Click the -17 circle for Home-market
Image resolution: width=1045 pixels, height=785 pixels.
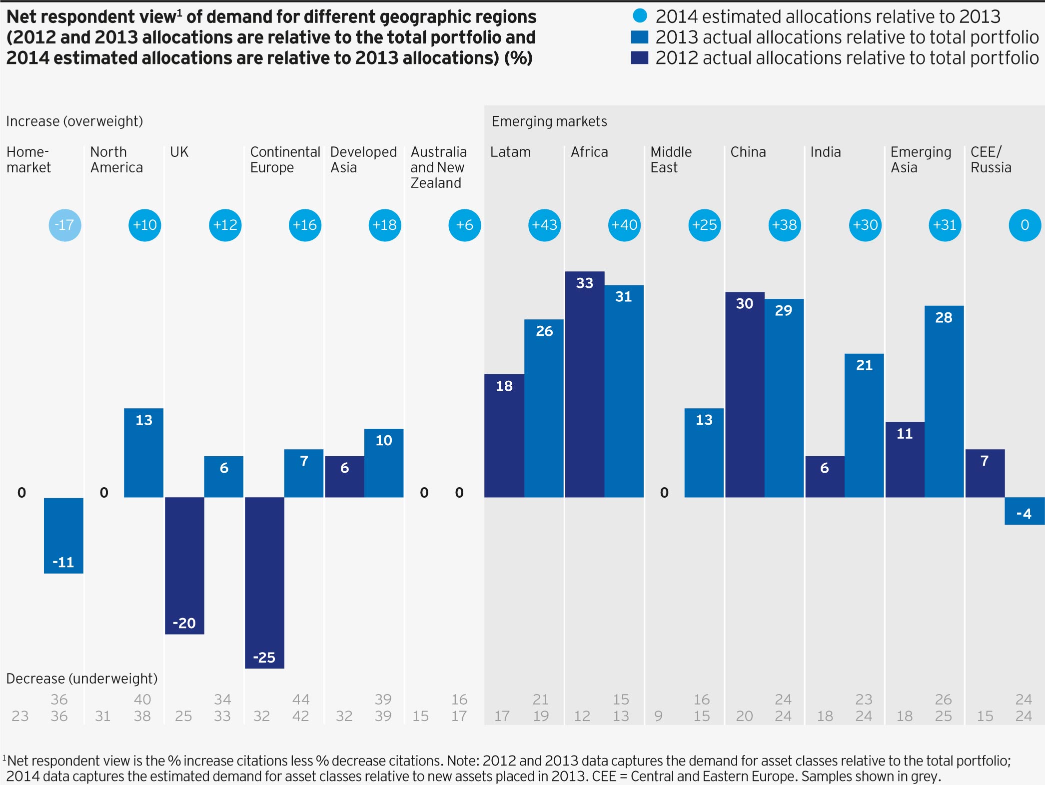(x=65, y=225)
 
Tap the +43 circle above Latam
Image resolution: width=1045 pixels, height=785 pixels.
(x=544, y=225)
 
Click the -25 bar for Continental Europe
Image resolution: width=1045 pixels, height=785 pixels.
(x=264, y=582)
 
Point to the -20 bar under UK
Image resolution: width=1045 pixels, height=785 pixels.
(x=184, y=565)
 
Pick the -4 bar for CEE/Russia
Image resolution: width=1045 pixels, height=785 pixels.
(x=1024, y=511)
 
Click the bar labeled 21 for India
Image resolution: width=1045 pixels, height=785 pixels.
(x=864, y=425)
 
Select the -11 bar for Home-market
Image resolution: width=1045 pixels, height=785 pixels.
(x=63, y=535)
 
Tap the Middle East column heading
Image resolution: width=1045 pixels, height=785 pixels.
(x=671, y=159)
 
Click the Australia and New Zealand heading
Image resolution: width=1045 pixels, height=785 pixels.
(x=438, y=167)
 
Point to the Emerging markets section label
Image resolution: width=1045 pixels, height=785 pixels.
(x=549, y=121)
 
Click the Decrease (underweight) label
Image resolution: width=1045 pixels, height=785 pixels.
(x=81, y=679)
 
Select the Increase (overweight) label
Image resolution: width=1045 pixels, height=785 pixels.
(x=74, y=121)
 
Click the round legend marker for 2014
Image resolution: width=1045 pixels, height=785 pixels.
(x=640, y=16)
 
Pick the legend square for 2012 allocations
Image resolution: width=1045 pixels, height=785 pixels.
(x=640, y=57)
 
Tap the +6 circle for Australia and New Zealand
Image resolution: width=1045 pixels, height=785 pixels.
(x=464, y=225)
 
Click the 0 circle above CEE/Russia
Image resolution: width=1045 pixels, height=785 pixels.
(x=1025, y=225)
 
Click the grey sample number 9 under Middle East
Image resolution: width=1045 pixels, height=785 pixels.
(x=658, y=716)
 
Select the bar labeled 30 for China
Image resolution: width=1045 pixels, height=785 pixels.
(x=745, y=394)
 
